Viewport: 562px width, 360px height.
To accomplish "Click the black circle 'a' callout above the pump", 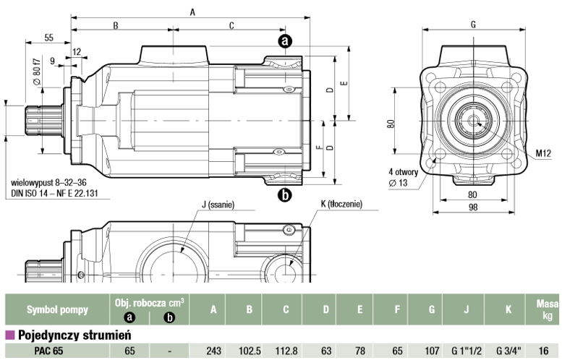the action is [285, 41].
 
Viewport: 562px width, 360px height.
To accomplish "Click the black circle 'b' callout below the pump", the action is [285, 195].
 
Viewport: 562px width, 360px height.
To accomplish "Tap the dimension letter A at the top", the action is [192, 12].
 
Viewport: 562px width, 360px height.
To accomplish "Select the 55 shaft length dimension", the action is [48, 38].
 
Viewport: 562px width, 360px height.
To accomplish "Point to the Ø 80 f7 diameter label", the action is [37, 72].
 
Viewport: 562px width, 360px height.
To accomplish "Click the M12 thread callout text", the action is [543, 154].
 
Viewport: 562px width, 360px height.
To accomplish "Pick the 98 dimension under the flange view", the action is [473, 207].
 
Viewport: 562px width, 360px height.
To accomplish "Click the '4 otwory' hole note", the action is [403, 172].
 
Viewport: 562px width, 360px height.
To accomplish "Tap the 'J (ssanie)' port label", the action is [218, 205].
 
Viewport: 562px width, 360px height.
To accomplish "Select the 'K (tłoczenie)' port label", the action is [341, 204].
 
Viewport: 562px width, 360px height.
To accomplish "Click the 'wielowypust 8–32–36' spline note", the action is [48, 183].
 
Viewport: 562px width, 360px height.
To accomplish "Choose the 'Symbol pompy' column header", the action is [57, 309].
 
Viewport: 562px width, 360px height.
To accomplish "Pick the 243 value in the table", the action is [213, 351].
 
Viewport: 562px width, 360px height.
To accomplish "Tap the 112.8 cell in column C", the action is [286, 351].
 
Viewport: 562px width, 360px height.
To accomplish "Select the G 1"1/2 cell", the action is [467, 351].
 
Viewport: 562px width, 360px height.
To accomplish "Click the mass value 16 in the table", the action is [543, 351].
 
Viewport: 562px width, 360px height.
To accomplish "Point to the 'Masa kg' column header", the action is [547, 310].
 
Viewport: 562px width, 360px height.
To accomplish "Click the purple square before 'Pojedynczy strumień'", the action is [10, 335].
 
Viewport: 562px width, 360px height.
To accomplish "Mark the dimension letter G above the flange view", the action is [473, 25].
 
